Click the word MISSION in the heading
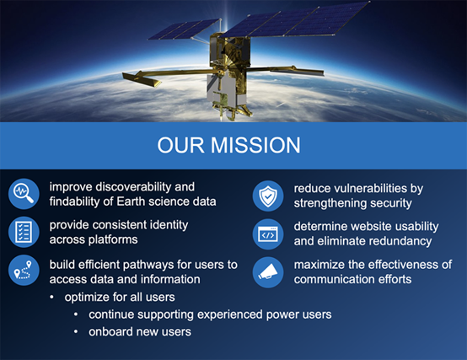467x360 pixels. pyautogui.click(x=255, y=145)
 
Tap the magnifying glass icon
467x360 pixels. pyautogui.click(x=24, y=194)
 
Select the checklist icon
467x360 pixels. pyautogui.click(x=24, y=232)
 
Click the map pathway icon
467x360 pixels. pyautogui.click(x=24, y=271)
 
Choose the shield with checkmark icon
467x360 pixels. pyautogui.click(x=268, y=196)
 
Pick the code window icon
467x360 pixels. pyautogui.click(x=268, y=234)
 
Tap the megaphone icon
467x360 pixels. pyautogui.click(x=268, y=272)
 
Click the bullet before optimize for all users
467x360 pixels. pyautogui.click(x=51, y=297)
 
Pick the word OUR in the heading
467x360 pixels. pyautogui.click(x=180, y=145)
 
